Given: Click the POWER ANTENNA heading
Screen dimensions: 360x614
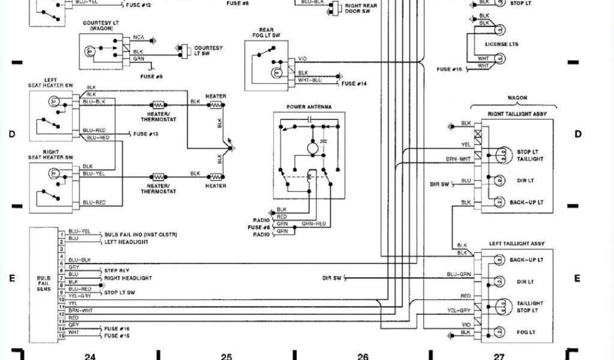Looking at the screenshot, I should pyautogui.click(x=309, y=107).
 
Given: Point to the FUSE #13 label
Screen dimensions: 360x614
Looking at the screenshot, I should pyautogui.click(x=146, y=134).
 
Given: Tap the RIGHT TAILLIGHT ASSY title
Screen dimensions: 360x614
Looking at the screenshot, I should pyautogui.click(x=517, y=113).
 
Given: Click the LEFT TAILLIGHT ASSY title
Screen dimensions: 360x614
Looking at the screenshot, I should pyautogui.click(x=517, y=244).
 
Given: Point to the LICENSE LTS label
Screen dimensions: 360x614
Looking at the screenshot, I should pyautogui.click(x=501, y=44).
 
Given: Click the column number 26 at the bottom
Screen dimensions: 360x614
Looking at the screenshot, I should pyautogui.click(x=362, y=356).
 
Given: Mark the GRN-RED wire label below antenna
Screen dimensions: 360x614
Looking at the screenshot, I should pyautogui.click(x=314, y=224).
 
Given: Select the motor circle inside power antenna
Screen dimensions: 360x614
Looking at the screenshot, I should pyautogui.click(x=312, y=148).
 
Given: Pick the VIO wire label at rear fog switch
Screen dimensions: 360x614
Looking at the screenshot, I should pyautogui.click(x=302, y=59).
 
